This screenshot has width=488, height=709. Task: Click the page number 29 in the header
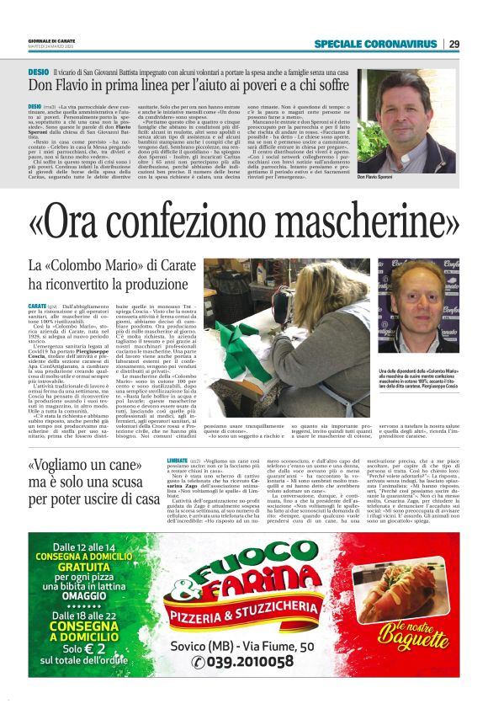tap(454, 44)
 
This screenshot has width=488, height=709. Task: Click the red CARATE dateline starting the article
tap(37, 305)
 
